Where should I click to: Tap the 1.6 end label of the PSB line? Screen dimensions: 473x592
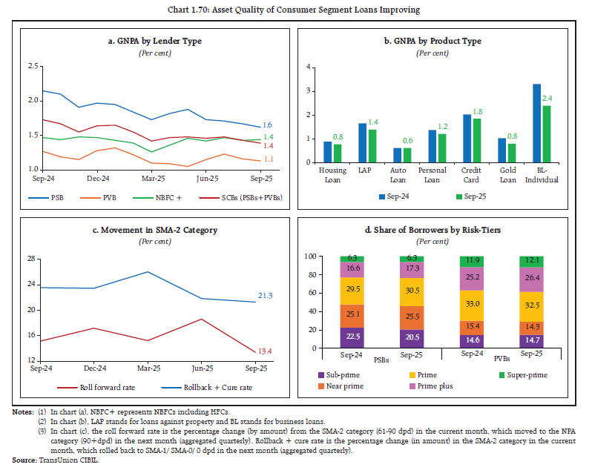(268, 125)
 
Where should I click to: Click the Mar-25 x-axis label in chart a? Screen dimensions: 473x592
(152, 179)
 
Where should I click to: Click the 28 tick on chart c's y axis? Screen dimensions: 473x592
(32, 258)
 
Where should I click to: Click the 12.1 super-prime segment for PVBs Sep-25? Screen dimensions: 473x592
(531, 261)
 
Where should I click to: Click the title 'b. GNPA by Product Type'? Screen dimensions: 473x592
(434, 42)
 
